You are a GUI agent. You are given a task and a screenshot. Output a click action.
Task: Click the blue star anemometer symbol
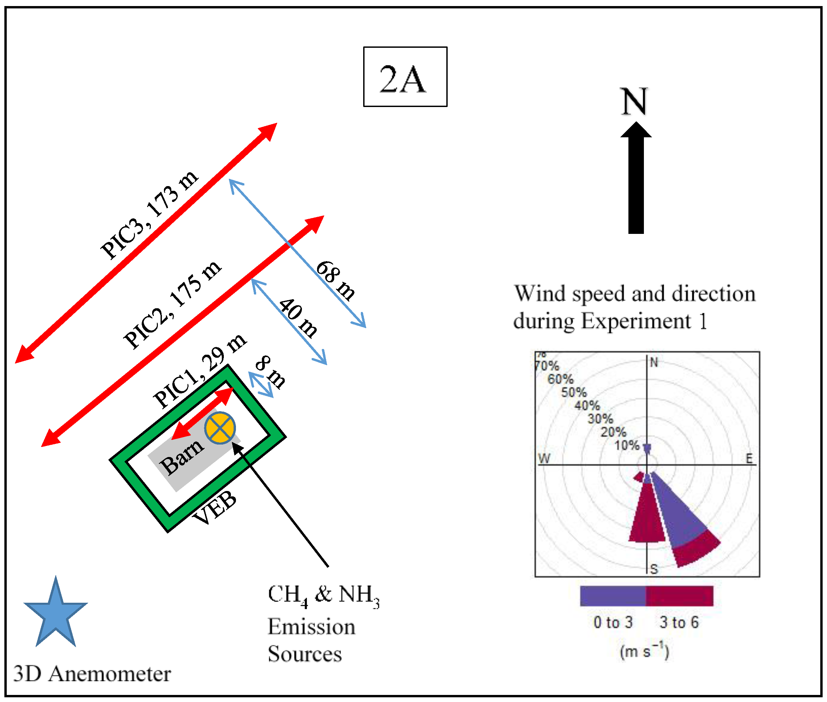pos(56,613)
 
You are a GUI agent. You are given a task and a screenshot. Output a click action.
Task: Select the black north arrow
pos(635,179)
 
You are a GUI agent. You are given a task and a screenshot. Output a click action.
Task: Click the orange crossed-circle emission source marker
pos(220,428)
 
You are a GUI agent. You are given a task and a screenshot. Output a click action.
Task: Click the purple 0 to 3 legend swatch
pos(613,596)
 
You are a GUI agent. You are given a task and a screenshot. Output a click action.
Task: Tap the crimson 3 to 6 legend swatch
pos(679,596)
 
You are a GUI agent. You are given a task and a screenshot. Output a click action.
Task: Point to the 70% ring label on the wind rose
pos(547,366)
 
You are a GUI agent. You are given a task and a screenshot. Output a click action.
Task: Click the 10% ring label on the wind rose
pos(627,445)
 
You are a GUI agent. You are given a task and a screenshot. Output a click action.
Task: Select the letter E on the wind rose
pos(749,458)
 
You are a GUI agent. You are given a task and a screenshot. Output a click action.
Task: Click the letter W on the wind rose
pos(544,458)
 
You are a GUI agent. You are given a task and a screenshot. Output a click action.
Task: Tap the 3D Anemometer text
pos(92,673)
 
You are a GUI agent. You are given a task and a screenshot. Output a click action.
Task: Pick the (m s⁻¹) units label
pos(644,652)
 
